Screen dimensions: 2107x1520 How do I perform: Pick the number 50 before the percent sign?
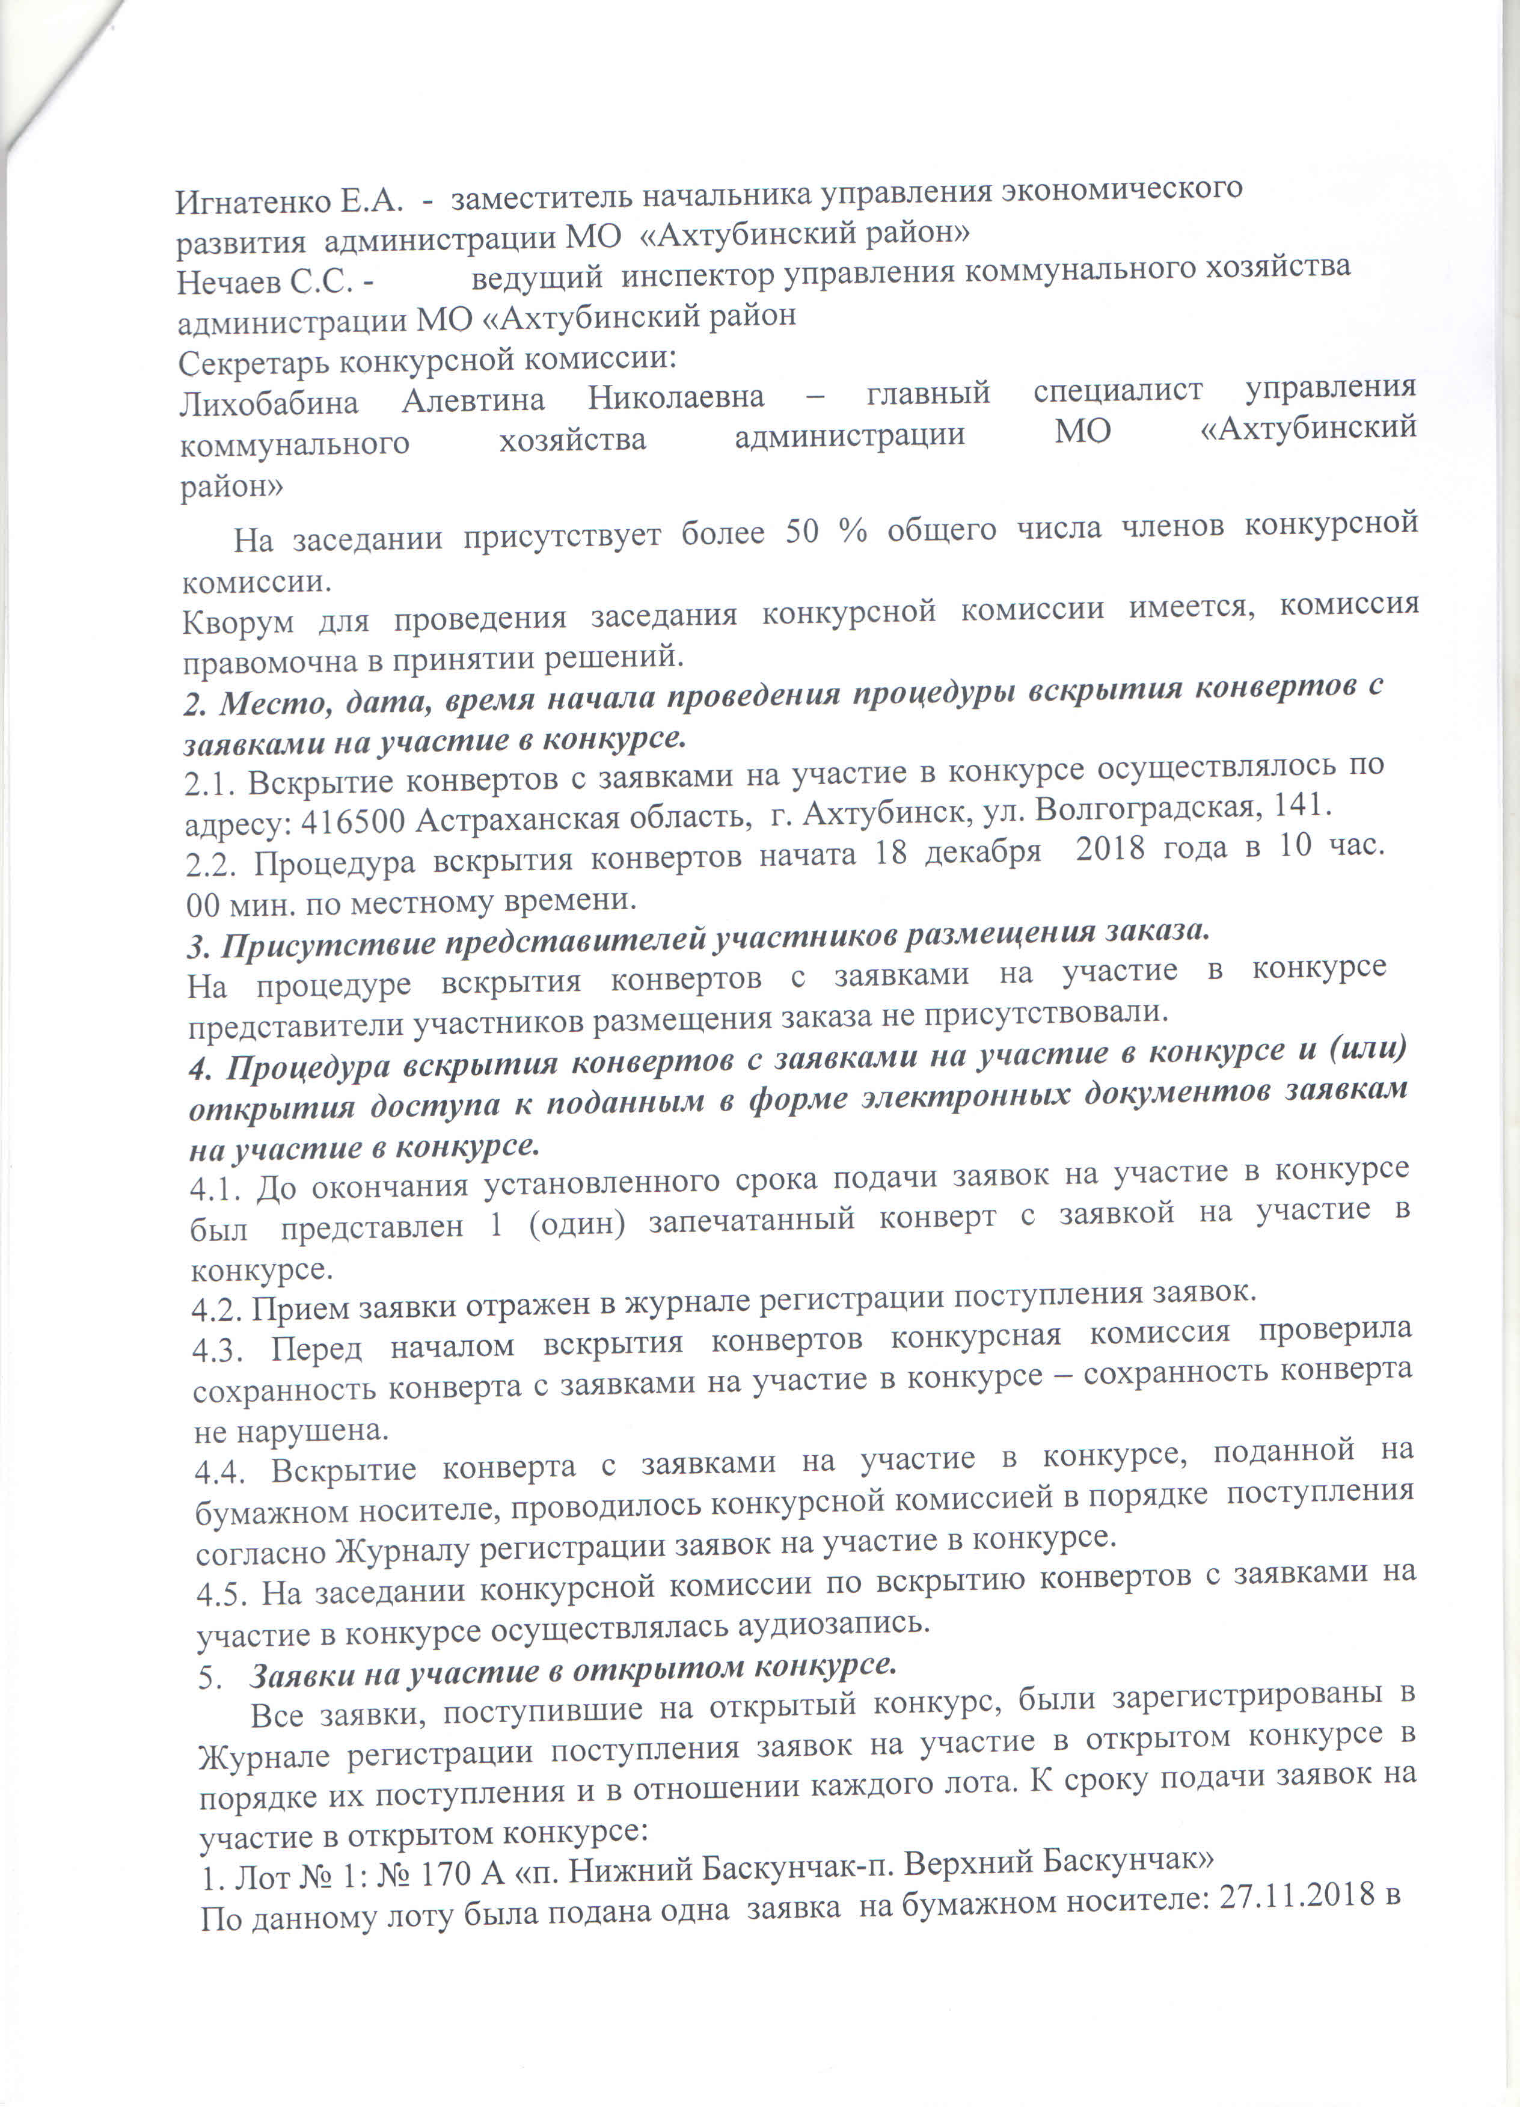point(802,532)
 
